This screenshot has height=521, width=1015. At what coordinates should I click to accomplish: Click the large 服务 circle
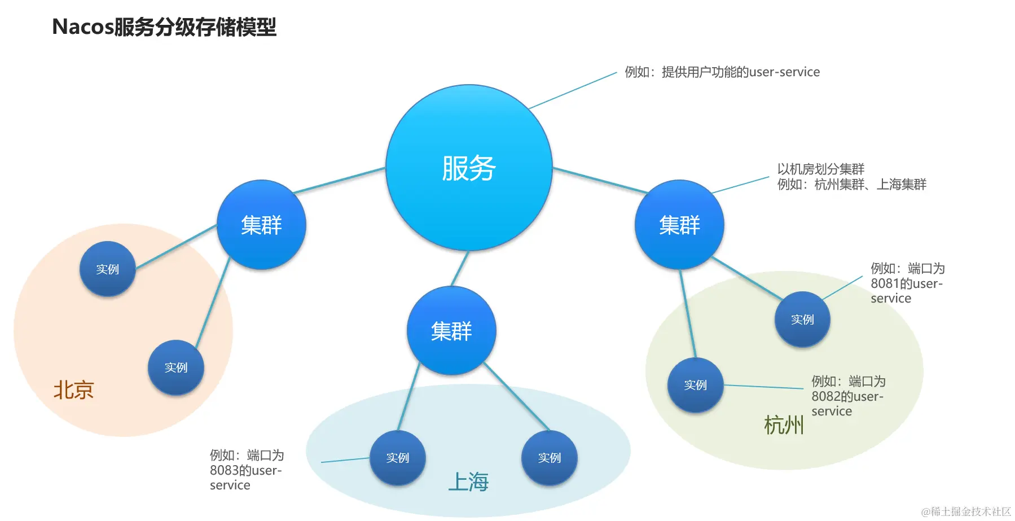[x=469, y=168]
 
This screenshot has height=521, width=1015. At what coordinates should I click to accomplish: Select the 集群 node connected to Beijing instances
[x=261, y=225]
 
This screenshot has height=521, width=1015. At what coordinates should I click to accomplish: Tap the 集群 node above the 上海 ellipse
[x=451, y=331]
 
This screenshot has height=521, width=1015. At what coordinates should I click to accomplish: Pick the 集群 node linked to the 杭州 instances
[x=679, y=225]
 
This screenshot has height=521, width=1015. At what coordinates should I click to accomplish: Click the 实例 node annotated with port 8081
[x=802, y=319]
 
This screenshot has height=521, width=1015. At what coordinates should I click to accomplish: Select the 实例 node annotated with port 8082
[x=695, y=385]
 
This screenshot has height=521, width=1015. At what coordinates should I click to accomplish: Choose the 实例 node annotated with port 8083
[x=398, y=458]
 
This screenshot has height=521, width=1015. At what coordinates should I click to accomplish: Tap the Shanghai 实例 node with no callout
[x=550, y=458]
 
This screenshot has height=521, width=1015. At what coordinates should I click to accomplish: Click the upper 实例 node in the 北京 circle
[x=107, y=269]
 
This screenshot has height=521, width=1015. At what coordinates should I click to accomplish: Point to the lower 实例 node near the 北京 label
[x=176, y=367]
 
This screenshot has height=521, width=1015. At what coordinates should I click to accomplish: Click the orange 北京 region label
[x=73, y=390]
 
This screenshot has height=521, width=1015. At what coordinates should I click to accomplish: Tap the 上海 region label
[x=468, y=482]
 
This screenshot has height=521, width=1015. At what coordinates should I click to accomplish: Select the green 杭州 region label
[x=784, y=425]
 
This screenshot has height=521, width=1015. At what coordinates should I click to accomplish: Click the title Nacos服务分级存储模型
[x=164, y=27]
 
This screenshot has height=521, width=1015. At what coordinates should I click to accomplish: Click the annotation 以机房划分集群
[x=821, y=169]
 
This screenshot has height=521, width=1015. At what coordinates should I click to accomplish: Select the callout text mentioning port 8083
[x=247, y=470]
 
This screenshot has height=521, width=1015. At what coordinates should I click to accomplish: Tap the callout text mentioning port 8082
[x=848, y=396]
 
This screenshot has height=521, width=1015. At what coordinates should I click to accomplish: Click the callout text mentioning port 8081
[x=907, y=283]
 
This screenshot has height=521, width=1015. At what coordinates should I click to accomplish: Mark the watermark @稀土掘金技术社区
[x=966, y=511]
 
